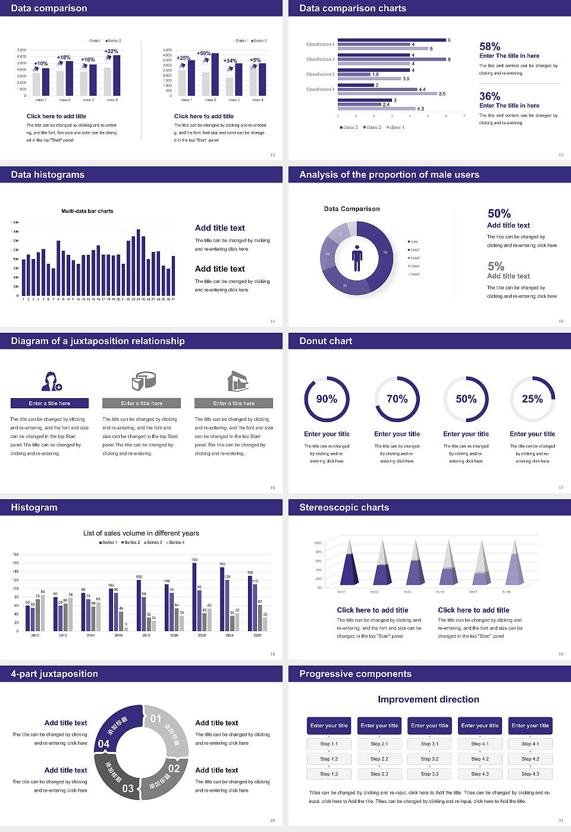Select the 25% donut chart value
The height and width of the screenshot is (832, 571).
[532, 399]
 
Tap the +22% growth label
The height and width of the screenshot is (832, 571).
[111, 52]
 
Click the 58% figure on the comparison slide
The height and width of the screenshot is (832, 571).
[490, 46]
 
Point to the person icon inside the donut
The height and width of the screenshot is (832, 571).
[357, 257]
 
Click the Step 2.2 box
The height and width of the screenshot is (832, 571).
[379, 758]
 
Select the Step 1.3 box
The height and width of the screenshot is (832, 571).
[329, 773]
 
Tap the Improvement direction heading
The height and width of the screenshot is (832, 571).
[428, 699]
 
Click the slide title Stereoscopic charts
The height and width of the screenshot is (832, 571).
[344, 508]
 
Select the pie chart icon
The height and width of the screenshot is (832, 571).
[143, 380]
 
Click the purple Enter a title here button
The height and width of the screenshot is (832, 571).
[50, 403]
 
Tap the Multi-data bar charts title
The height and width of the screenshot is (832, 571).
[87, 211]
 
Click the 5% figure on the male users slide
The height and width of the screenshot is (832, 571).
[495, 266]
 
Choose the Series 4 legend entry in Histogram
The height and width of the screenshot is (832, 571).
[175, 542]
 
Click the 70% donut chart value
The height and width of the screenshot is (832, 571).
[397, 399]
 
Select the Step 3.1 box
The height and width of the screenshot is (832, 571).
[429, 743]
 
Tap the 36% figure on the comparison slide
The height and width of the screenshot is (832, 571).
[490, 96]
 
